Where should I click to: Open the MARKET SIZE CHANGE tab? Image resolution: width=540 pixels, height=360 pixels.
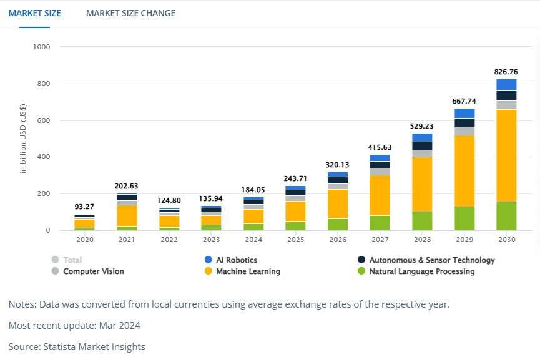pyautogui.click(x=130, y=13)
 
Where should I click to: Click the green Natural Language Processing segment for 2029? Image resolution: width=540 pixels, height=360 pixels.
pyautogui.click(x=464, y=218)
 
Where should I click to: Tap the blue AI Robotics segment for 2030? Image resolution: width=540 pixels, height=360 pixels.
pyautogui.click(x=506, y=85)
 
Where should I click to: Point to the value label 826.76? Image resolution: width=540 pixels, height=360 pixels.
pyautogui.click(x=506, y=72)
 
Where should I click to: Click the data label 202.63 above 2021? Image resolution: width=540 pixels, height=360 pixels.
pyautogui.click(x=127, y=186)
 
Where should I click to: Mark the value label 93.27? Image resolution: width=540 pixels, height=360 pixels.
pyautogui.click(x=84, y=207)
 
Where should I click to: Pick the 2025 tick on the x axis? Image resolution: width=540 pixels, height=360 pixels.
pyautogui.click(x=296, y=240)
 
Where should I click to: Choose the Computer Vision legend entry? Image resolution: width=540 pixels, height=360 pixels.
pyautogui.click(x=93, y=271)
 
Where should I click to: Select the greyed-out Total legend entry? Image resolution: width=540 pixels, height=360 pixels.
pyautogui.click(x=72, y=260)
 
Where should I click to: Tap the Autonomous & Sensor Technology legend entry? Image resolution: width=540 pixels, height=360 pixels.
pyautogui.click(x=431, y=260)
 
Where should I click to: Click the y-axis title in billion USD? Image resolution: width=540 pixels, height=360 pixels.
pyautogui.click(x=24, y=139)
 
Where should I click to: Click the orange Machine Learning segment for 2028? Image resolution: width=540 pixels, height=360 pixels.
pyautogui.click(x=422, y=184)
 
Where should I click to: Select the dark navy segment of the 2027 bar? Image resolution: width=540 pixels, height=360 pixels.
pyautogui.click(x=380, y=165)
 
